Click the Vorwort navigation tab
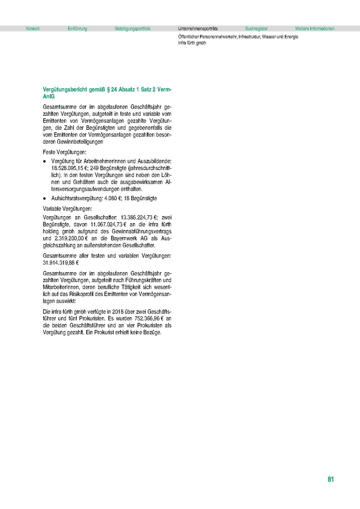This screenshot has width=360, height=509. (x=32, y=29)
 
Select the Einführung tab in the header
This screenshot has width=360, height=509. (x=77, y=29)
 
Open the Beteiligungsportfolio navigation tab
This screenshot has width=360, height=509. (x=132, y=29)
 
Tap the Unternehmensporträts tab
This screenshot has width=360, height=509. (x=198, y=29)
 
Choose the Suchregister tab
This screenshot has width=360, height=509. (x=256, y=29)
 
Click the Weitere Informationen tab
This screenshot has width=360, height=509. (x=315, y=29)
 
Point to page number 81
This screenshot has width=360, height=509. (x=331, y=479)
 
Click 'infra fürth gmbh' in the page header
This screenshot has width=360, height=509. (x=192, y=43)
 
